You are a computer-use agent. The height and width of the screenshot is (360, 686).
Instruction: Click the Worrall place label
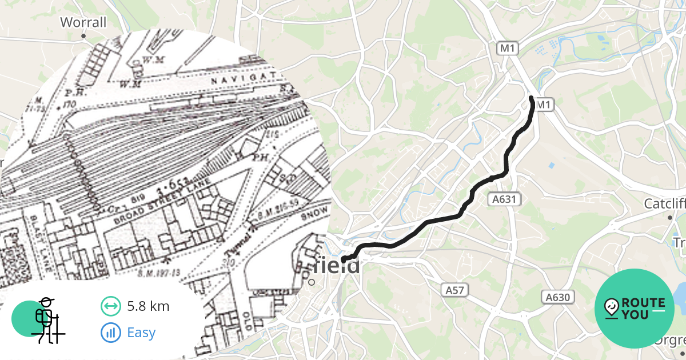pos(83,22)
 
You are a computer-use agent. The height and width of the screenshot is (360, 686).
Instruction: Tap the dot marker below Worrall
pos(83,36)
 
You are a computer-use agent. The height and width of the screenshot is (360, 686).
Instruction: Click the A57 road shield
pos(455,290)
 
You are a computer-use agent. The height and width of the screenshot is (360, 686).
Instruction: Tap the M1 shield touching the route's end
pos(544,105)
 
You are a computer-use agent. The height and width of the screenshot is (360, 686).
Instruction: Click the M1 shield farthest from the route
pos(507,49)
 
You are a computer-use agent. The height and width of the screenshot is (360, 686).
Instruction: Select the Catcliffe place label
pos(664,204)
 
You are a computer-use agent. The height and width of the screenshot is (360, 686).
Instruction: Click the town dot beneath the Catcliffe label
pos(669,218)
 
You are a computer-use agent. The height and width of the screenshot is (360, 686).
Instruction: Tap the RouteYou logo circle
pos(635,309)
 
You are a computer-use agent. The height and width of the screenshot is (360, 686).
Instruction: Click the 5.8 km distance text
pos(148,306)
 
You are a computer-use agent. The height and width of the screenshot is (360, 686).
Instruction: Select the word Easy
pos(141,333)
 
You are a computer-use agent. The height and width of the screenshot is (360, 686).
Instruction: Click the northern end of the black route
pos(532,99)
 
